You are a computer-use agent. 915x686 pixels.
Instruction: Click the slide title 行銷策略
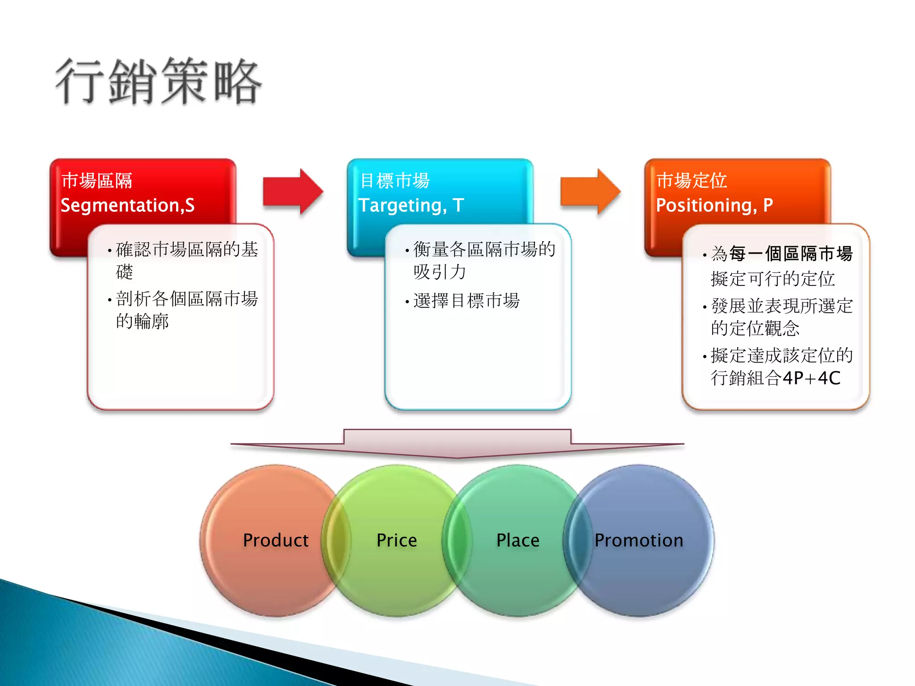[x=159, y=82]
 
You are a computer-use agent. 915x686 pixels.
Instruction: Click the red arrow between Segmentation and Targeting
[x=293, y=192]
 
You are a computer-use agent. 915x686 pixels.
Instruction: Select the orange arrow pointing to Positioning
[x=590, y=192]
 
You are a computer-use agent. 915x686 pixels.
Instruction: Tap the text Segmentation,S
[x=127, y=205]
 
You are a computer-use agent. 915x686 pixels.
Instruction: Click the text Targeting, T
[x=411, y=205]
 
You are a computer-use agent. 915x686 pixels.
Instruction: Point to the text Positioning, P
[x=714, y=205]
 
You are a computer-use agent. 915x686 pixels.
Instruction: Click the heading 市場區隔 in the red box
[x=97, y=181]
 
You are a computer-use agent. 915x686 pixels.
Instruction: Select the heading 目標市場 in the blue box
[x=395, y=181]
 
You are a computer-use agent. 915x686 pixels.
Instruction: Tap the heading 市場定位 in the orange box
[x=692, y=181]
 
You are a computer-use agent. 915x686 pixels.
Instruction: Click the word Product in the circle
[x=276, y=540]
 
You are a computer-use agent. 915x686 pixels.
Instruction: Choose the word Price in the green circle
[x=397, y=540]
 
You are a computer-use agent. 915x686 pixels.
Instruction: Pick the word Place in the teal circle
[x=518, y=540]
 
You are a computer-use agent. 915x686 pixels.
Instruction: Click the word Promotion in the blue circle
[x=639, y=540]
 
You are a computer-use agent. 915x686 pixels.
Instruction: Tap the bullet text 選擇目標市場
[x=466, y=301]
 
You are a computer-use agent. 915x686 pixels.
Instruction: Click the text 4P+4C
[x=811, y=378]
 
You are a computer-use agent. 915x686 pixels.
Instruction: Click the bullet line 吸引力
[x=440, y=272]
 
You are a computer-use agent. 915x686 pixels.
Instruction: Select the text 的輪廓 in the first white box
[x=142, y=321]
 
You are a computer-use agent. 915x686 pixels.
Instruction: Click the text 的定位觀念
[x=755, y=328]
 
